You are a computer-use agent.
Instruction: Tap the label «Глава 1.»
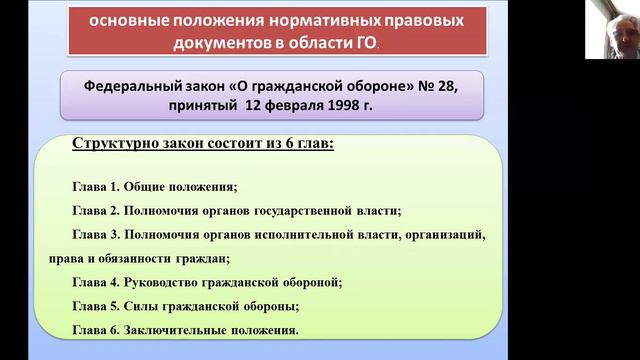[x=95, y=187]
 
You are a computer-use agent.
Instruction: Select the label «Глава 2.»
[x=95, y=210]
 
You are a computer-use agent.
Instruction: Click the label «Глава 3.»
[x=95, y=234]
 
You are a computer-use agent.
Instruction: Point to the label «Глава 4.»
[x=95, y=282]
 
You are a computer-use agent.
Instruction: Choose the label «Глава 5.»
[x=95, y=306]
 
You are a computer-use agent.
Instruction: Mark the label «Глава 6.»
[x=95, y=329]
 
